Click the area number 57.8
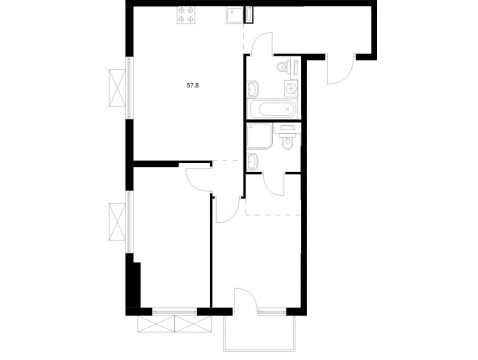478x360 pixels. click(x=193, y=86)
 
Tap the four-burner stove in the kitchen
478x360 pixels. click(x=186, y=15)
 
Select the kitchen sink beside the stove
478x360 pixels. click(x=234, y=15)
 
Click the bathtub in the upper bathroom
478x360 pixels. click(x=272, y=109)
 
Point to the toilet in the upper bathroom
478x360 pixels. click(x=283, y=66)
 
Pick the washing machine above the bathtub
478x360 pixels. click(x=291, y=88)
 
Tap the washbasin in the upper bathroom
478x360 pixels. click(x=253, y=89)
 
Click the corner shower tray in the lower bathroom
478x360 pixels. click(x=260, y=136)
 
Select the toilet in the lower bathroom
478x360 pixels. click(x=287, y=138)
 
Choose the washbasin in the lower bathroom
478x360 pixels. click(x=253, y=161)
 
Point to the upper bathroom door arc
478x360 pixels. click(x=261, y=43)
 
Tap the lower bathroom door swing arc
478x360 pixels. click(x=273, y=185)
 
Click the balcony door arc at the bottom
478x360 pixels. click(x=245, y=299)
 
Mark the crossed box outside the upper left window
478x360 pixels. click(x=117, y=88)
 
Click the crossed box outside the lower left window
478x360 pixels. click(x=117, y=223)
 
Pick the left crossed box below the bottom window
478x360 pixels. click(x=156, y=324)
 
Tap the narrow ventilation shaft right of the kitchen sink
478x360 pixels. click(x=248, y=15)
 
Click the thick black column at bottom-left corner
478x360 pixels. click(x=133, y=285)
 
